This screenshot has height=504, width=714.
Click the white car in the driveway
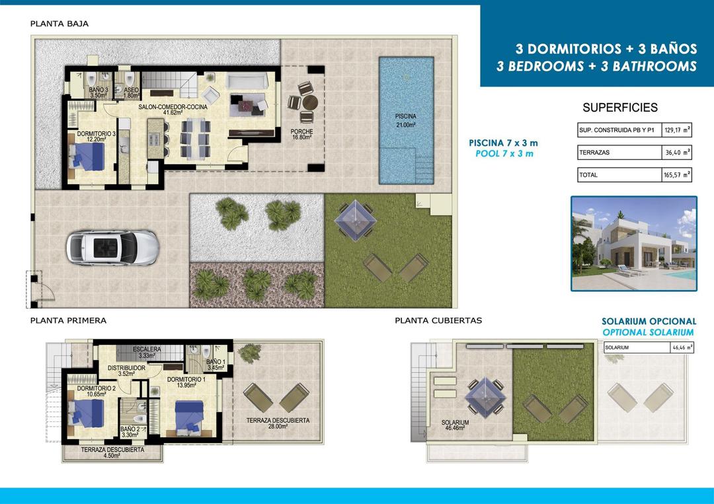pos(112,247)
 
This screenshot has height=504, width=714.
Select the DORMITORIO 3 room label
pos(96,137)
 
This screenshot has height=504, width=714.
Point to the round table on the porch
pos(309,103)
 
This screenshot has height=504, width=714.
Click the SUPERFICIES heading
pos(620,108)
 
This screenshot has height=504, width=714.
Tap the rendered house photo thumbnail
pos(633,243)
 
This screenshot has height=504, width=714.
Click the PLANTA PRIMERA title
pos(68,320)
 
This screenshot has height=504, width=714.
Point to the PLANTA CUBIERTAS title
pos(438,320)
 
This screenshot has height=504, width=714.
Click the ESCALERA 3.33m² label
pos(146,353)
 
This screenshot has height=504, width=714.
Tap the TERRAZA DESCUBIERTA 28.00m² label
pos(278,423)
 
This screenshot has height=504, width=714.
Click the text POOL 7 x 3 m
pos(504,154)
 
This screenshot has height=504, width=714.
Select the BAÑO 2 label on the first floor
pos(130,432)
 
